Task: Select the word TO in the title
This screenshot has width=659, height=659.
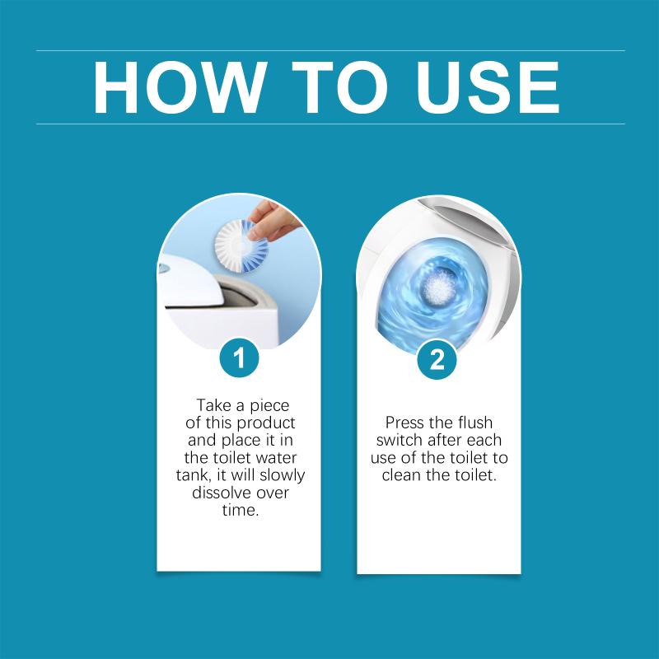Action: (340, 87)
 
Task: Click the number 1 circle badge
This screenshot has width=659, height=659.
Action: (239, 358)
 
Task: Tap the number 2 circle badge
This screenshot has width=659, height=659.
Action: (437, 359)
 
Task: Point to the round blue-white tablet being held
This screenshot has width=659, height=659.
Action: (236, 245)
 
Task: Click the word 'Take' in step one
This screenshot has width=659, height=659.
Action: (214, 405)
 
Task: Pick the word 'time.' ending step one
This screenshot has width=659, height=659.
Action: (241, 510)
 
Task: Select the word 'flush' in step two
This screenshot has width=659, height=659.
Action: (475, 423)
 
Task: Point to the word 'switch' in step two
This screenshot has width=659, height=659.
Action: (399, 440)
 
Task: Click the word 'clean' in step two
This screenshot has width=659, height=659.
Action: (401, 475)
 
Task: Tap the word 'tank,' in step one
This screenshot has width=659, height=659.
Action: (194, 475)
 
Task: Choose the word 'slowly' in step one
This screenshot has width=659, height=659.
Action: (282, 475)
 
